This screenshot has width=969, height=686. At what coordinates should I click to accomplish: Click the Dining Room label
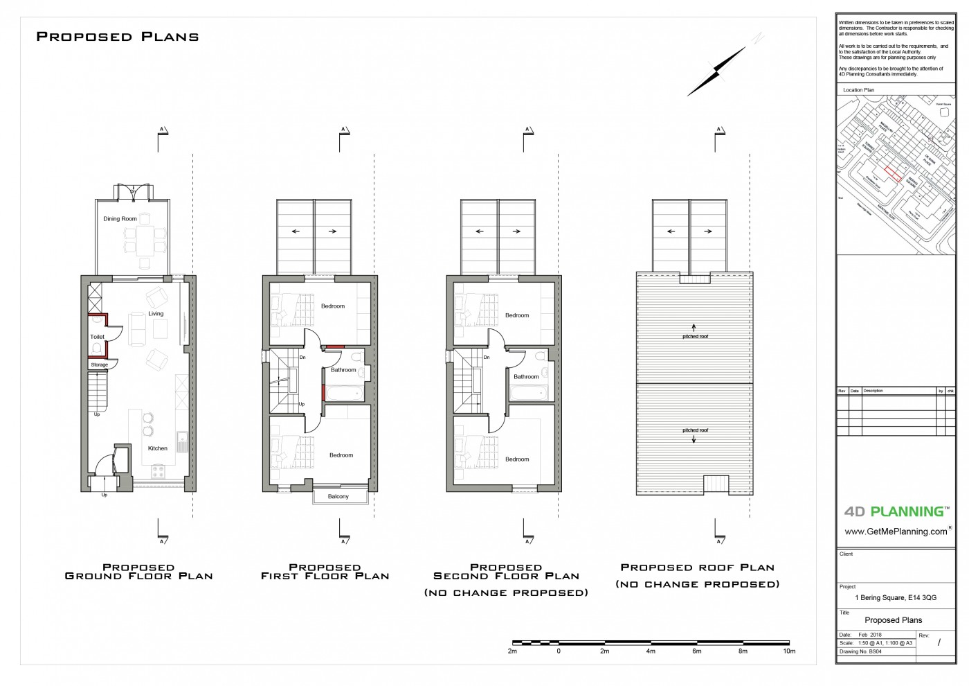coord(120,219)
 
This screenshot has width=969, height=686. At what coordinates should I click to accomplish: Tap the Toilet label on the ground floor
coord(97,337)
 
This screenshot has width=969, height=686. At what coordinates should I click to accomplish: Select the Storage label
coord(100,364)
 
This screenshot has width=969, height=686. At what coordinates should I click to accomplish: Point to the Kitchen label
coord(158,448)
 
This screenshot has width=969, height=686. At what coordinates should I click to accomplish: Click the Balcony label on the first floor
coord(338,497)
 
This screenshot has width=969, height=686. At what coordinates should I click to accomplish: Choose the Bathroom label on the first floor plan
coord(343,370)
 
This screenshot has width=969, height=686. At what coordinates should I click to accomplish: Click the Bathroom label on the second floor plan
coord(526,377)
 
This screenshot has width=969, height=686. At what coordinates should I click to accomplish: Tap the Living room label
coord(156,314)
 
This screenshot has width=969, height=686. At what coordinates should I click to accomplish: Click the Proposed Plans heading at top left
coord(118,37)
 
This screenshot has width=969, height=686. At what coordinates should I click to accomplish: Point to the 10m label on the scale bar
coord(789,651)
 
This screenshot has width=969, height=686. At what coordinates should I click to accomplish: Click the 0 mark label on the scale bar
coord(559,651)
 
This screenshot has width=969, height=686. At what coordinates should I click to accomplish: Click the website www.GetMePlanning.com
coord(896,531)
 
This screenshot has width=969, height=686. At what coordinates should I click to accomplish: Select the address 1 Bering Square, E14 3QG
coord(896,597)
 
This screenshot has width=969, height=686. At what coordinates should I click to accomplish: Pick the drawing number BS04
coord(876,652)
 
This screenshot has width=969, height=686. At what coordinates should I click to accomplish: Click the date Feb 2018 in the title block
coord(870,635)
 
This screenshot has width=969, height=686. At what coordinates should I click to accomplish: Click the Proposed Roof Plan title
coord(697,568)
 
